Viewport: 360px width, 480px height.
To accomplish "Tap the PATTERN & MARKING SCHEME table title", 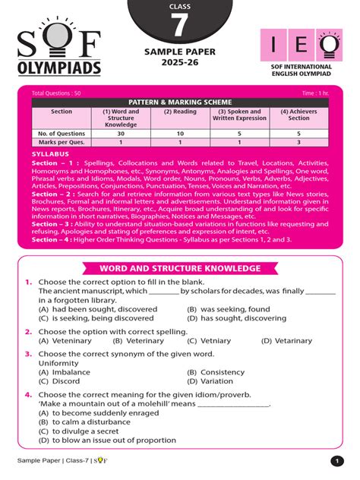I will coord(180,102).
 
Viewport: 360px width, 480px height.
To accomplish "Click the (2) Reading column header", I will coord(179,111).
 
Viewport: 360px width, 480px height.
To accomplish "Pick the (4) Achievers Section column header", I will coord(298,115).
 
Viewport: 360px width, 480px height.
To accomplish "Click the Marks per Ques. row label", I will coord(62,142).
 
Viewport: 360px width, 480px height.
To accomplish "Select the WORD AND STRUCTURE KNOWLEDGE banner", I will coord(180,267).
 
